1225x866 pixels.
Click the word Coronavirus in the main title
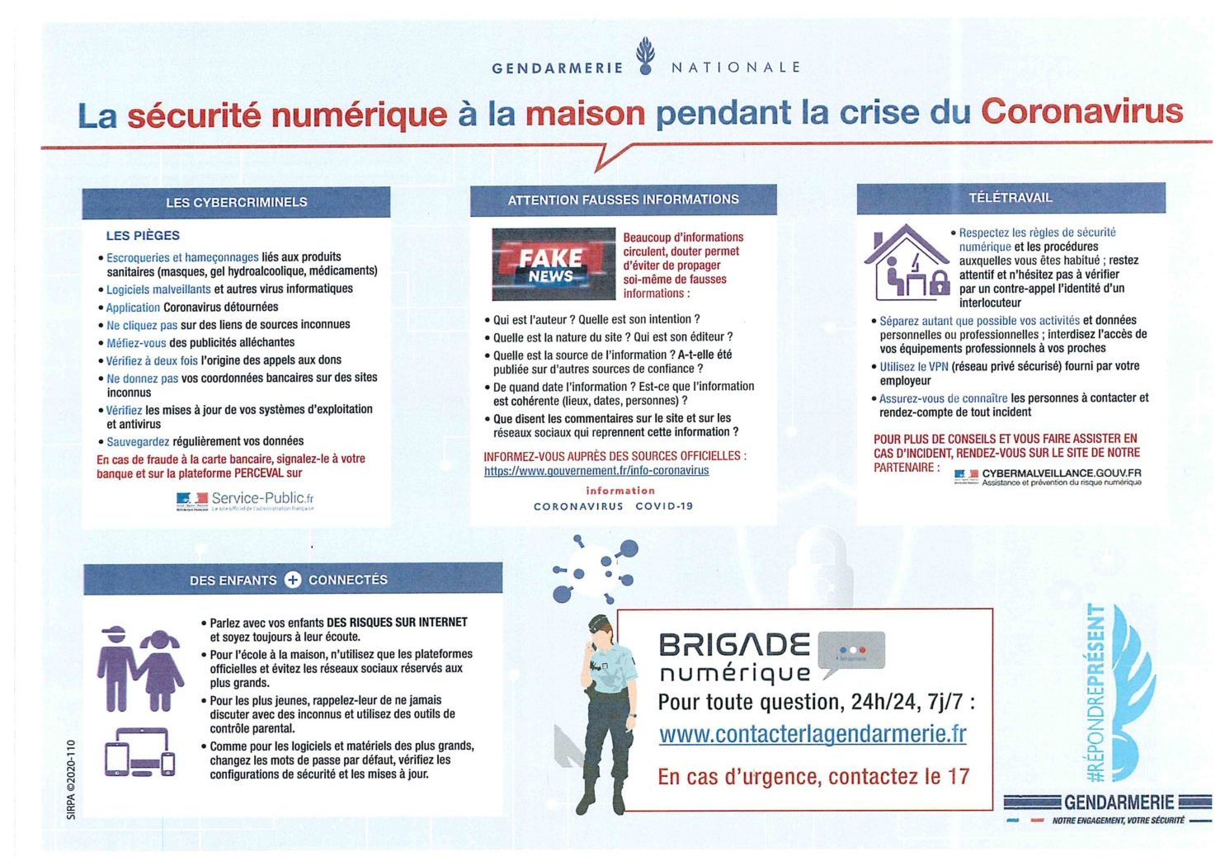tap(1081, 111)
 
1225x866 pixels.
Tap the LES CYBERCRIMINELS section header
tap(236, 202)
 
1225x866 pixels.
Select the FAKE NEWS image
tap(554, 264)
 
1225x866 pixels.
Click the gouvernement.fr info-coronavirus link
tap(596, 470)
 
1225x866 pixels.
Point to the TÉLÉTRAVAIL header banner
tap(1011, 198)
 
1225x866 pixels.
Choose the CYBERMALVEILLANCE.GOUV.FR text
tap(1061, 473)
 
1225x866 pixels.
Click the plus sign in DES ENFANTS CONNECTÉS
tap(293, 580)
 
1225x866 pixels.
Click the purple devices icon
tap(139, 752)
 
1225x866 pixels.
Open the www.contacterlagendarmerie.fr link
tap(813, 733)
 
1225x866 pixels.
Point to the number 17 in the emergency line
tap(959, 776)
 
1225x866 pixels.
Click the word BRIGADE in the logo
tap(734, 644)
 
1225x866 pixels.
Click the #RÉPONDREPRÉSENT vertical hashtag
tap(1095, 693)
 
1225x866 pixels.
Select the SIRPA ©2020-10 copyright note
tap(71, 779)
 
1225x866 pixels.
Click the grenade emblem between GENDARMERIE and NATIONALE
tap(645, 56)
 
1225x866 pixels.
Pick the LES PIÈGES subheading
tap(143, 235)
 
